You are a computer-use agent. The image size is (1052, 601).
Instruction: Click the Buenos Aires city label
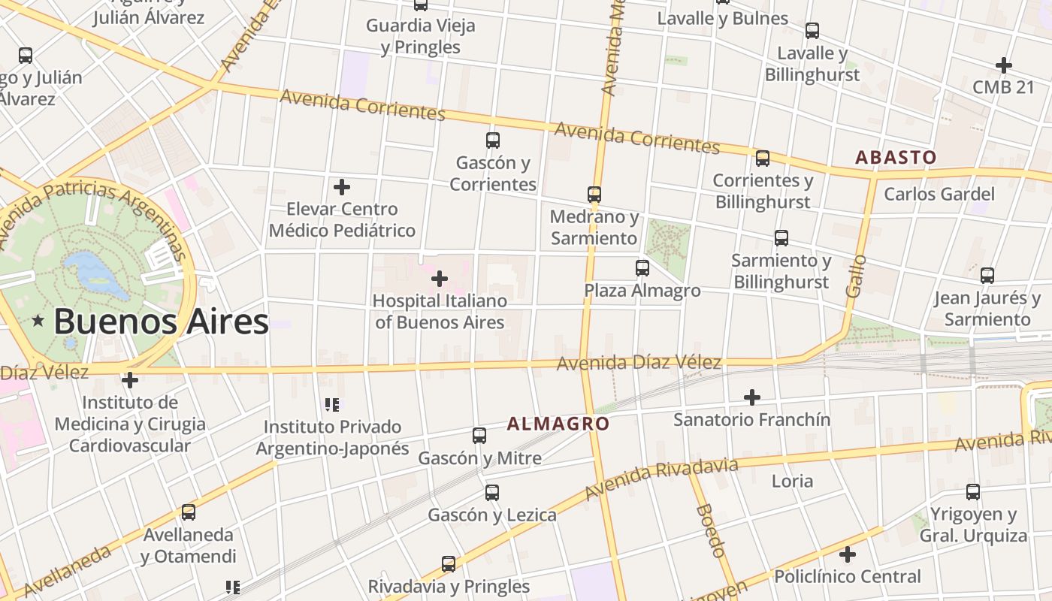pyautogui.click(x=161, y=322)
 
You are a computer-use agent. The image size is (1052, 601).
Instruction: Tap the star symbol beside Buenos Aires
pyautogui.click(x=38, y=322)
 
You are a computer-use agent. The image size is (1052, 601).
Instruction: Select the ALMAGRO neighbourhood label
pyautogui.click(x=558, y=424)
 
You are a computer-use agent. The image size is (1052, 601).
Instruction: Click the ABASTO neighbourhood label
pyautogui.click(x=896, y=158)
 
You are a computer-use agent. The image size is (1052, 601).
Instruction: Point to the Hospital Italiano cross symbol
pyautogui.click(x=440, y=279)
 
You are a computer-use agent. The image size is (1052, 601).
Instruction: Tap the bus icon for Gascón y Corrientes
pyautogui.click(x=493, y=140)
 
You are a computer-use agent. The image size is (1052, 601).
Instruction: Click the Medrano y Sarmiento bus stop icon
pyautogui.click(x=594, y=195)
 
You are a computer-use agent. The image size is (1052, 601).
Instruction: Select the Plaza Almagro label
pyautogui.click(x=642, y=291)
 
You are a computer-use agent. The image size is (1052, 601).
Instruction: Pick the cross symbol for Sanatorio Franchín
pyautogui.click(x=751, y=397)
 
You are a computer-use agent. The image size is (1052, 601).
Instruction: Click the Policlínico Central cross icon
pyautogui.click(x=848, y=555)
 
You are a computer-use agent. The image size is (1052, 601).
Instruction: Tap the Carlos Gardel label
pyautogui.click(x=939, y=195)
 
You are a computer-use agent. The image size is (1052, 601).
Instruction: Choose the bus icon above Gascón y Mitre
pyautogui.click(x=479, y=436)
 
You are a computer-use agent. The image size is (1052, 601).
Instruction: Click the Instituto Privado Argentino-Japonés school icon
pyautogui.click(x=332, y=405)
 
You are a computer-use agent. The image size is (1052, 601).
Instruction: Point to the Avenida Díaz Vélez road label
pyautogui.click(x=639, y=364)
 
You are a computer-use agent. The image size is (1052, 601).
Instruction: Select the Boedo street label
pyautogui.click(x=710, y=530)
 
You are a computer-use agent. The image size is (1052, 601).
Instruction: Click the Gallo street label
pyautogui.click(x=856, y=276)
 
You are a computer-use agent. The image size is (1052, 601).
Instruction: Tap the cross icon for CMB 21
pyautogui.click(x=1003, y=65)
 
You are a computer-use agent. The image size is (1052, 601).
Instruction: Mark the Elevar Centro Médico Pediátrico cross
pyautogui.click(x=342, y=187)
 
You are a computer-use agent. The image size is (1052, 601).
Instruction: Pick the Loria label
pyautogui.click(x=792, y=481)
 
